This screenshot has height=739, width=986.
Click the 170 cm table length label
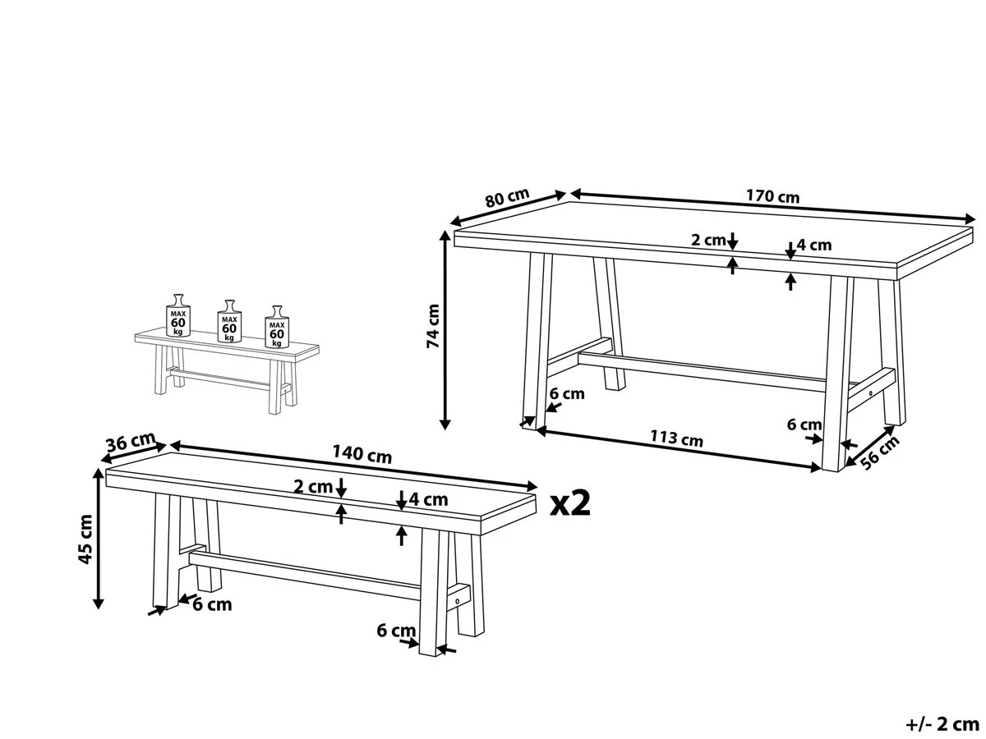pyautogui.click(x=772, y=197)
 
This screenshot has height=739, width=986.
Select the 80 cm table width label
pyautogui.click(x=506, y=199)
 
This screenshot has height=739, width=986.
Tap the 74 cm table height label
pyautogui.click(x=433, y=326)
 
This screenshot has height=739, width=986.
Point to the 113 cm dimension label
pyautogui.click(x=676, y=438)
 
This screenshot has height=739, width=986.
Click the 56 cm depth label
pyautogui.click(x=878, y=452)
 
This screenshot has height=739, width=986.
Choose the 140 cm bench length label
pyautogui.click(x=362, y=454)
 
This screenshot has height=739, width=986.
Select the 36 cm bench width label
pyautogui.click(x=130, y=443)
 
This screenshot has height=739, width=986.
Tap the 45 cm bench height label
pyautogui.click(x=85, y=540)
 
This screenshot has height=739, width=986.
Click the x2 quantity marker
pyautogui.click(x=570, y=503)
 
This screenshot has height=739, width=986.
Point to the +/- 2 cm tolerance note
pyautogui.click(x=942, y=724)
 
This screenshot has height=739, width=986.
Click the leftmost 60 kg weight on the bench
pyautogui.click(x=178, y=316)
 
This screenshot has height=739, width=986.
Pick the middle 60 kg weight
pyautogui.click(x=228, y=322)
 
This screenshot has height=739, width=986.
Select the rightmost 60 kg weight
pyautogui.click(x=277, y=327)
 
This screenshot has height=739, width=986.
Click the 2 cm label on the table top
pyautogui.click(x=707, y=241)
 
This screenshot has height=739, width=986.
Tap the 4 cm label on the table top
pyautogui.click(x=814, y=245)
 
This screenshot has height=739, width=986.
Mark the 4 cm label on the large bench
pyautogui.click(x=428, y=498)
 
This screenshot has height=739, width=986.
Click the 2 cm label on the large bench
pyautogui.click(x=313, y=486)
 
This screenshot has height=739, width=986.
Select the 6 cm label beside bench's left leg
pyautogui.click(x=212, y=605)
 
